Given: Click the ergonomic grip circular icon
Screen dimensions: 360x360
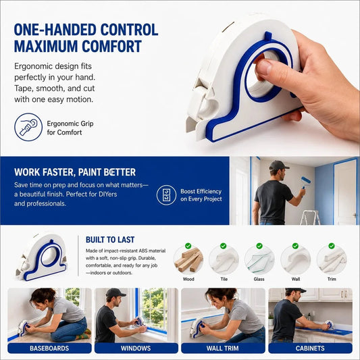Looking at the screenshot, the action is [28, 127].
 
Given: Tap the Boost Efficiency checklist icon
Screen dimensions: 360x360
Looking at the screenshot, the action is [166, 195].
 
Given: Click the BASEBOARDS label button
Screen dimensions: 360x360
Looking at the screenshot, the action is [49, 348].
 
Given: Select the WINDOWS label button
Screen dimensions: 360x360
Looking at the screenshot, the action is [136, 348].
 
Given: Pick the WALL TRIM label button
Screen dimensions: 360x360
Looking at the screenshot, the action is [223, 348].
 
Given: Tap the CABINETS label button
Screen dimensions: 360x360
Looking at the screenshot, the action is [310, 348].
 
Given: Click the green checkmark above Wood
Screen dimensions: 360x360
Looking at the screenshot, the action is [188, 246].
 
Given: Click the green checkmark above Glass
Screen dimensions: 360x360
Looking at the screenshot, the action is [259, 246].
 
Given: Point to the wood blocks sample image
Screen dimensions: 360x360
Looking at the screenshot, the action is [188, 260].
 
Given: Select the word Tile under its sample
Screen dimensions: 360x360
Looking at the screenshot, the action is [224, 279].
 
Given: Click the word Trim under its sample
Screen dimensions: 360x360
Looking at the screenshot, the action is [332, 279].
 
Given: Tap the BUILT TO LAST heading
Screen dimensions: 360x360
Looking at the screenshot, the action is [110, 240].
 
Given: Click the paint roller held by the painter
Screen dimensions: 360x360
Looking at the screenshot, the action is [305, 184].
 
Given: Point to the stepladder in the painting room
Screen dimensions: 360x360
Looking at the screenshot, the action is [310, 217].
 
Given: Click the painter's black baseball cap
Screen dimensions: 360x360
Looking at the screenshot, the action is [278, 165].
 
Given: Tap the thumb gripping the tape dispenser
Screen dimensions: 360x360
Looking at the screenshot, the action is [267, 68].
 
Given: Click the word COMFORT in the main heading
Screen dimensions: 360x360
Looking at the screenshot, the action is [111, 47].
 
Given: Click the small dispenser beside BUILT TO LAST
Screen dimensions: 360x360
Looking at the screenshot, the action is [41, 257].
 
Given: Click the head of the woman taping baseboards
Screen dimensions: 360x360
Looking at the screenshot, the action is [43, 297].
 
